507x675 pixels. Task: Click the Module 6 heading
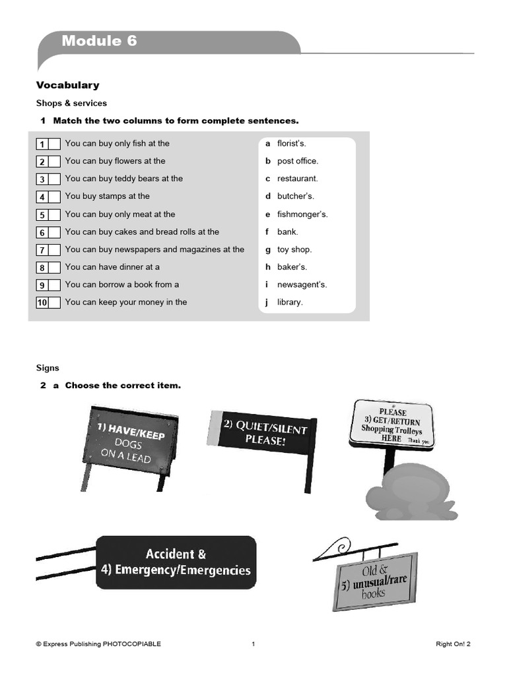100,41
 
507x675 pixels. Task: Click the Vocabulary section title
67,85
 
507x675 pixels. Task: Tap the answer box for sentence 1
55,144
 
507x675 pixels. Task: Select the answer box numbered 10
55,303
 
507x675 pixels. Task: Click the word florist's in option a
291,143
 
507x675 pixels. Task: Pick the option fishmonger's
302,214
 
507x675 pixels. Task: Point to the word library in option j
290,302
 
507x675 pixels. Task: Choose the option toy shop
294,249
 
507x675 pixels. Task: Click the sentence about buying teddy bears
123,179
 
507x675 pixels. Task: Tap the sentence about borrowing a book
121,285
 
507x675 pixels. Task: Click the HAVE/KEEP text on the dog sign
131,431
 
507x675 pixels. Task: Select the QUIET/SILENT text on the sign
265,428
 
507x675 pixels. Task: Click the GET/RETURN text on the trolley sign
393,421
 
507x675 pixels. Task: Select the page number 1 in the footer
253,644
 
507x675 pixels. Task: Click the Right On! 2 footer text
453,644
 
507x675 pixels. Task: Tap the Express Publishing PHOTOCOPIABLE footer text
98,644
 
